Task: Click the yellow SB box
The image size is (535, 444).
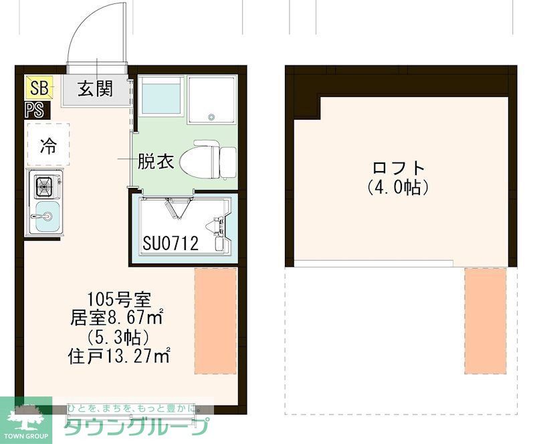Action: point(38,88)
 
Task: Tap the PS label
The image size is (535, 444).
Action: point(35,110)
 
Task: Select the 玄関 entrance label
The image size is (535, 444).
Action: point(95,88)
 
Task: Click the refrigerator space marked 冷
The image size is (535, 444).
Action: point(48,144)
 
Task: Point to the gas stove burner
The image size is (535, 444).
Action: point(45,185)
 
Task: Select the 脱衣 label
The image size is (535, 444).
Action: point(156,161)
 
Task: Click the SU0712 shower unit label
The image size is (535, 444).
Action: point(171,244)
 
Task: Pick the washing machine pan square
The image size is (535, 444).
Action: point(211,100)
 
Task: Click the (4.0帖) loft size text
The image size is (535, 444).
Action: point(399,188)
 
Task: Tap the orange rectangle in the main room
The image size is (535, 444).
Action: point(215,321)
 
